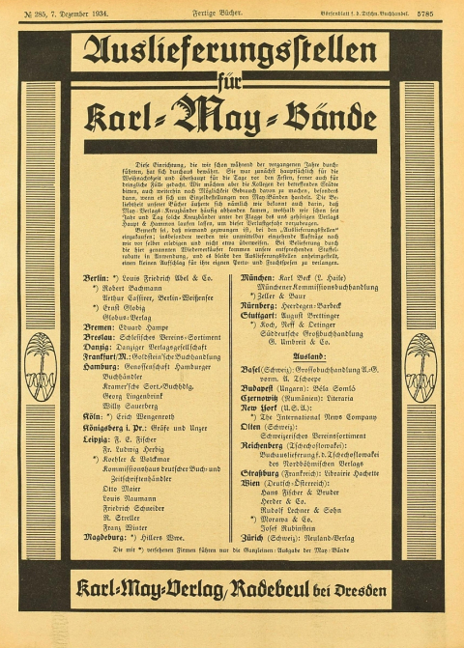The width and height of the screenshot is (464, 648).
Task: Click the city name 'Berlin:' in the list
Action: (x=96, y=277)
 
